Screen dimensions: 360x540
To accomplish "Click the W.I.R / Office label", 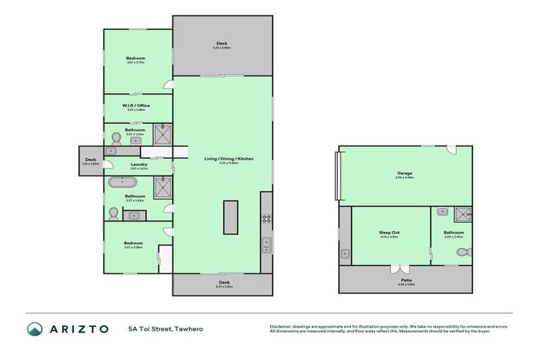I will coord(136,105).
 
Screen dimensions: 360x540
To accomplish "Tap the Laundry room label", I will coord(138,165).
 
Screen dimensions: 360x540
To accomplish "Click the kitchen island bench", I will coord(231,217).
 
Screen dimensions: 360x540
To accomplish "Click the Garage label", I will coord(404,173).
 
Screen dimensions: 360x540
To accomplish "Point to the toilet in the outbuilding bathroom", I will coord(468,252).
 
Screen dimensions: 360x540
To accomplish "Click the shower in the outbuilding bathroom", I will coord(463,214).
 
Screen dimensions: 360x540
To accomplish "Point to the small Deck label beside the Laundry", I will coord(90,160).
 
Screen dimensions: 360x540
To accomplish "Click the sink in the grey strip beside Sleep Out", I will coord(344,254).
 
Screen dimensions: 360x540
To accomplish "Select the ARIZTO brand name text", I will coord(79,329).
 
